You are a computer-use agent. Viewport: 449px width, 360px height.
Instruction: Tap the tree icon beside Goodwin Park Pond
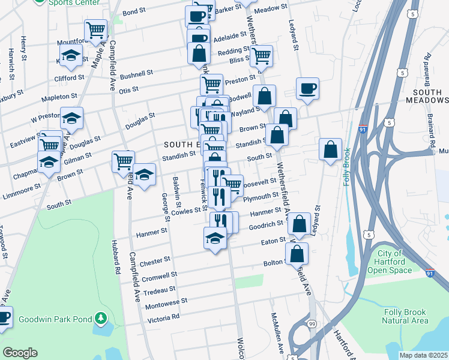point(101,318)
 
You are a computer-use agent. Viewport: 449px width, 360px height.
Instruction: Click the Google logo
point(20,353)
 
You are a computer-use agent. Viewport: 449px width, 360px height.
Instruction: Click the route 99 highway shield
point(311,324)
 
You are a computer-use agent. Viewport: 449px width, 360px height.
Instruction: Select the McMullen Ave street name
point(277,332)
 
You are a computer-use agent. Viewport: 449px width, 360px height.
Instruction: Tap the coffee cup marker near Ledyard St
point(307,89)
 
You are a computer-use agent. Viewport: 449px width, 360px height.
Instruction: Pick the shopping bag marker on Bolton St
point(297,253)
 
